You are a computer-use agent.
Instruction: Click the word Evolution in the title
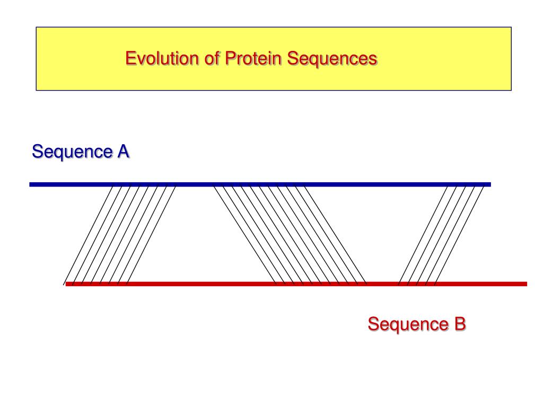162,58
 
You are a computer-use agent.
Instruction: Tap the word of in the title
212,58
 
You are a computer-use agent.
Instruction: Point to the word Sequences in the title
332,59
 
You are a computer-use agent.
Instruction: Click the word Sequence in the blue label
72,152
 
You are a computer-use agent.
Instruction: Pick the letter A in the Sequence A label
123,152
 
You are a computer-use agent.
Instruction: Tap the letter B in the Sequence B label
460,324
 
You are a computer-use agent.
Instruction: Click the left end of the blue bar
30,184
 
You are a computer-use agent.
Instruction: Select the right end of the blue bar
491,184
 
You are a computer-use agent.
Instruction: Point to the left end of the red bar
66,284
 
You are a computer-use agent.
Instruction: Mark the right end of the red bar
527,284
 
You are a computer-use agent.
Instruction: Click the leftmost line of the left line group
89,235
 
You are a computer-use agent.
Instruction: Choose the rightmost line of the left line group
151,235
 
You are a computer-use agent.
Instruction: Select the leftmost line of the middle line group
245,235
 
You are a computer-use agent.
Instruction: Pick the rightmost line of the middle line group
335,235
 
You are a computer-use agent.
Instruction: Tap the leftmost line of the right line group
423,235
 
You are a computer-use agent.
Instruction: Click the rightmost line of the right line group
459,235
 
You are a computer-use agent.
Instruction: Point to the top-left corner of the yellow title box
37,28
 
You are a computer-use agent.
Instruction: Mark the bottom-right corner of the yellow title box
511,90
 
